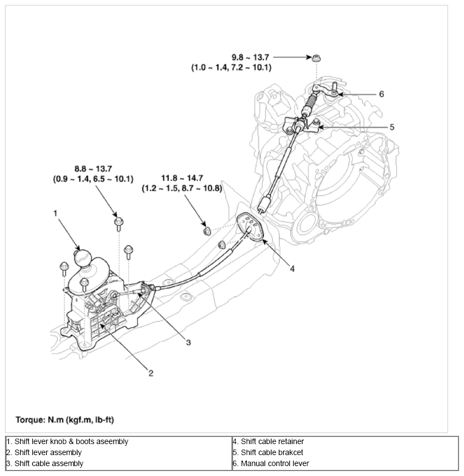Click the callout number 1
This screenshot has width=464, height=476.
click(55, 212)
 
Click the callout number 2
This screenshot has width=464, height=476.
click(151, 374)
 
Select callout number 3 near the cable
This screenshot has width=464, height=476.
click(188, 342)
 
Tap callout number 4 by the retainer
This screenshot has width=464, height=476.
click(292, 269)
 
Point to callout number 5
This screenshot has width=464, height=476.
click(391, 127)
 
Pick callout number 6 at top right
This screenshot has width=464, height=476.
click(381, 94)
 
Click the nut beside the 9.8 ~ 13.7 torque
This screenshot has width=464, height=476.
click(317, 58)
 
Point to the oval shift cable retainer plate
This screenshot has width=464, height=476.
click(251, 226)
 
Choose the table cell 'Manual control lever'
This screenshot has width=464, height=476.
click(271, 463)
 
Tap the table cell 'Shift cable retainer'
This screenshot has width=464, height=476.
click(268, 441)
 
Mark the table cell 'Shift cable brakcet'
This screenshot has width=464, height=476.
click(268, 452)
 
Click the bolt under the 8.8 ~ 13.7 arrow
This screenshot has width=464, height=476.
click(118, 223)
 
